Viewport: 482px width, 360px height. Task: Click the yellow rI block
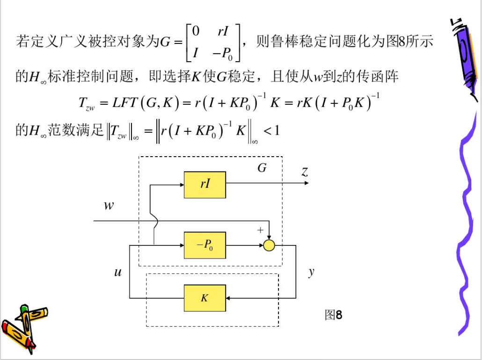[x=205, y=184]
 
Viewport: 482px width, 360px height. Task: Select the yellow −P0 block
[x=205, y=245]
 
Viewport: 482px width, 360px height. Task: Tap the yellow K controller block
[x=205, y=298]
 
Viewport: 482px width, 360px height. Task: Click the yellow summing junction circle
[x=269, y=245]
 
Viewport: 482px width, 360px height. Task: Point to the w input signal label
[x=109, y=205]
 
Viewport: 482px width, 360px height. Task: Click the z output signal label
[x=305, y=172]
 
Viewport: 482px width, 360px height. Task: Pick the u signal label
[x=118, y=272]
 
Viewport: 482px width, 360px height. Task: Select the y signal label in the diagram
[x=311, y=272]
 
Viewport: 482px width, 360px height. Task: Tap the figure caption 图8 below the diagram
[x=334, y=315]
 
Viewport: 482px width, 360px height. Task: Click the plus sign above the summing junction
[x=260, y=230]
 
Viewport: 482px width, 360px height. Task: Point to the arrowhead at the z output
[x=307, y=183]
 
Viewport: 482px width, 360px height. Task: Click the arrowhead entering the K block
[x=228, y=298]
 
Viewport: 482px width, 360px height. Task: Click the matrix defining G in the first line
[x=213, y=43]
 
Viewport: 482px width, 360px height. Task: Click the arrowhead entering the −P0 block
[x=182, y=245]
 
